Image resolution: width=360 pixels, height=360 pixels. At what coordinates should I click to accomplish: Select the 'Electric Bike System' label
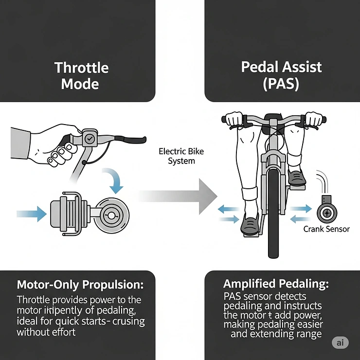(x=181, y=156)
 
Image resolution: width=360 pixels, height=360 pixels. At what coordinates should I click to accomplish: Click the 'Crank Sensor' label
(x=326, y=229)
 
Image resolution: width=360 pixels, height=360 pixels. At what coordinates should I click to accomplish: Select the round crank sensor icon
(x=325, y=212)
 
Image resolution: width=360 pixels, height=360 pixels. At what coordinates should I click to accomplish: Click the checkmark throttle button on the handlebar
(x=90, y=138)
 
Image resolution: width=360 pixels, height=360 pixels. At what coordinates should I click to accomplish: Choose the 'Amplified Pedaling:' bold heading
(x=277, y=284)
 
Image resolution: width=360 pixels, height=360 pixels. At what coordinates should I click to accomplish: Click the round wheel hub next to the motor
(x=111, y=214)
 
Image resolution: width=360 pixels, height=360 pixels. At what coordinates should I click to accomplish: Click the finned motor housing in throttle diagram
(x=66, y=213)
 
